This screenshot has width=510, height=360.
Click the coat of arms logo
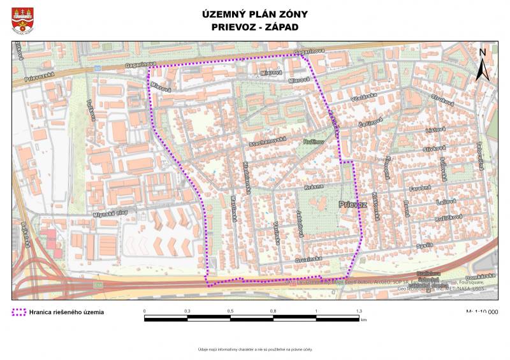(x=23, y=21)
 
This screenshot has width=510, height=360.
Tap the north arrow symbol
(x=483, y=64)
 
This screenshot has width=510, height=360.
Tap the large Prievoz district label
(x=353, y=205)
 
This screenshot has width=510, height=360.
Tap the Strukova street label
(x=441, y=99)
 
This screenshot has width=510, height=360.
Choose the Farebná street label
(x=420, y=188)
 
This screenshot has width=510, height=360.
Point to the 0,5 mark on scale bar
(x=230, y=311)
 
